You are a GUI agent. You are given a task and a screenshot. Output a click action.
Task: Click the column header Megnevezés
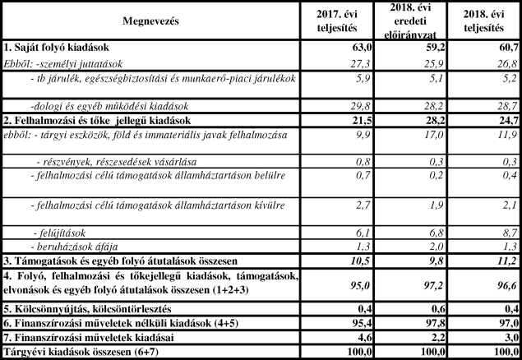click(x=150, y=20)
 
